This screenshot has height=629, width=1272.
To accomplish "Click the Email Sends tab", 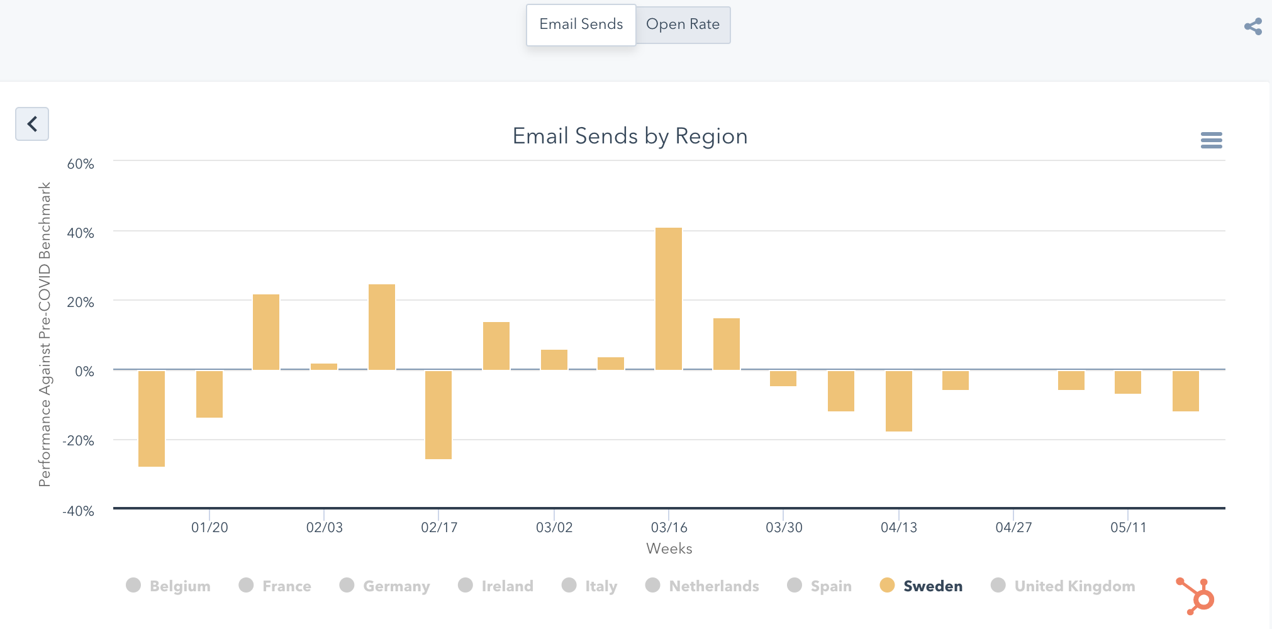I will (581, 25).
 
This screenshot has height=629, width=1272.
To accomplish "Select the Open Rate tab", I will (683, 25).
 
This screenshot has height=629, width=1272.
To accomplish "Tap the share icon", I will (1252, 26).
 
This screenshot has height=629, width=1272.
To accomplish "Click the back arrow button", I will (32, 124).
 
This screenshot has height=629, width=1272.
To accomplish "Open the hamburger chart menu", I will (1211, 140).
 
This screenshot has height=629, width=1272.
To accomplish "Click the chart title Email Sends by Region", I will (630, 136).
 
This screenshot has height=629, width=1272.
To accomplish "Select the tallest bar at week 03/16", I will (669, 299).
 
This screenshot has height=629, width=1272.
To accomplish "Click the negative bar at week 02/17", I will (438, 415).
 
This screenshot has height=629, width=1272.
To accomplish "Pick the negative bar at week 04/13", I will (899, 401).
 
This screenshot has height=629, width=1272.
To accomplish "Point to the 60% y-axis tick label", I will (81, 164).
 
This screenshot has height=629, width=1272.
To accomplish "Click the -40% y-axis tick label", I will (79, 511).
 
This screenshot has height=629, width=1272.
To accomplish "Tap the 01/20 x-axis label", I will (209, 527).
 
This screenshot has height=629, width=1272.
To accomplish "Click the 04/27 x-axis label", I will (1013, 527).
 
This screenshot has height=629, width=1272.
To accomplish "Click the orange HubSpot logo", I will (1195, 595).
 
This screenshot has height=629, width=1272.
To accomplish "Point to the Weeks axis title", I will (669, 548).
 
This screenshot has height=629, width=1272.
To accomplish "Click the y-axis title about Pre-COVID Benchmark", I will (44, 334).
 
